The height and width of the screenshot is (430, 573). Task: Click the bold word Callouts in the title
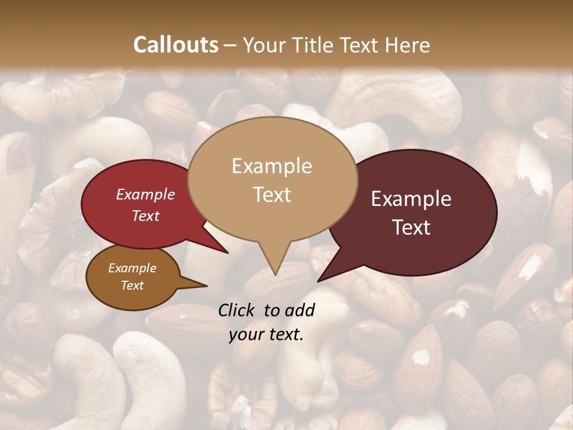[x=175, y=45]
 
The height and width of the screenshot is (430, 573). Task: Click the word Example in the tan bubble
[x=272, y=166]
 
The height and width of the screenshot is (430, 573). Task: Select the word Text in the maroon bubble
[x=412, y=228]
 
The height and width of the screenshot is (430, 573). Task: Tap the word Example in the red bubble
[x=145, y=195]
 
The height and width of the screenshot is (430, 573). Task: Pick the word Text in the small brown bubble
[x=133, y=285]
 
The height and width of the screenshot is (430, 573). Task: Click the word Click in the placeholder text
[x=237, y=310]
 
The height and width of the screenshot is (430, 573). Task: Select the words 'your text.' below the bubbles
[x=266, y=334]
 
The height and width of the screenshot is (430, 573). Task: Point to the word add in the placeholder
[x=299, y=310]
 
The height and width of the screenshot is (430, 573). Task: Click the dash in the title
[x=231, y=45]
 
